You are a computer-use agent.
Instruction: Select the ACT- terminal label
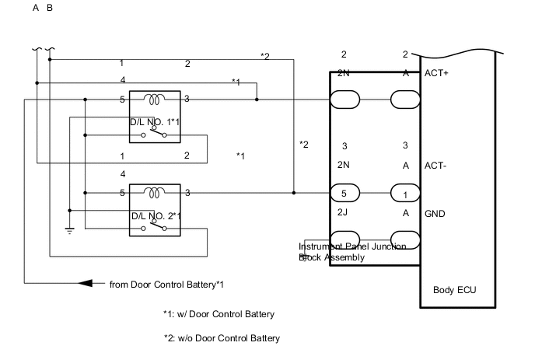tap(435, 166)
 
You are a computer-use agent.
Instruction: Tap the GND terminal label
tap(435, 212)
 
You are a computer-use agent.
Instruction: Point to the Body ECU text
tap(454, 290)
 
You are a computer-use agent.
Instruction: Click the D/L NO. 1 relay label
tap(156, 122)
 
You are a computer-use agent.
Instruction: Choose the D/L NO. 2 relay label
tap(156, 215)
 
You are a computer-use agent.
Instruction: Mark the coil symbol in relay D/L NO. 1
tap(156, 100)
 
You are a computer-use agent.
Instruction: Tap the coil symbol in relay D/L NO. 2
tap(156, 193)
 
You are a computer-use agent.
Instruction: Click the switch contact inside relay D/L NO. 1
tap(156, 135)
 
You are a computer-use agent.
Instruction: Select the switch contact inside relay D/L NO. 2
tap(156, 228)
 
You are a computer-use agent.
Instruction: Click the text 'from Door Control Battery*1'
tap(168, 284)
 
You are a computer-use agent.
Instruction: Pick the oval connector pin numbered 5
tap(344, 193)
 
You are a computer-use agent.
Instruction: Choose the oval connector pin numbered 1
tap(404, 193)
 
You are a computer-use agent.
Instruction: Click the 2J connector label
tap(344, 212)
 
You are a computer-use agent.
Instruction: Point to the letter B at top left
tap(51, 9)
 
